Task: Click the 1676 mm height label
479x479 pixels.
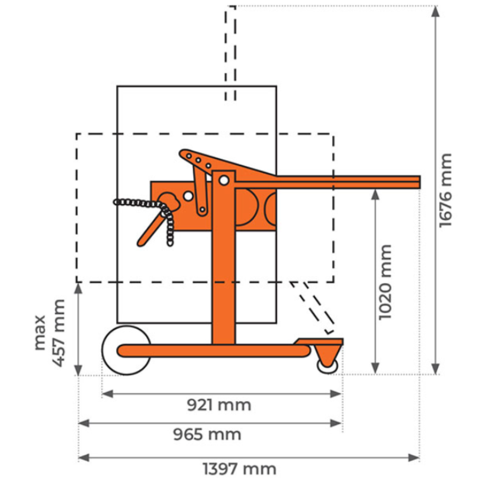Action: pos(445,190)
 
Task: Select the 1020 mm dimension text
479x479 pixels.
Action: pos(385,282)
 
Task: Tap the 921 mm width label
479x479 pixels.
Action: pos(219,405)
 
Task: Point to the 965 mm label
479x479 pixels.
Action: pos(207,434)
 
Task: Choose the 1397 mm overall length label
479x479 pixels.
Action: pos(239,468)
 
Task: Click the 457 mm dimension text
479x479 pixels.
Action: pos(58,333)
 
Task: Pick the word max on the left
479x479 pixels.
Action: pos(40,333)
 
